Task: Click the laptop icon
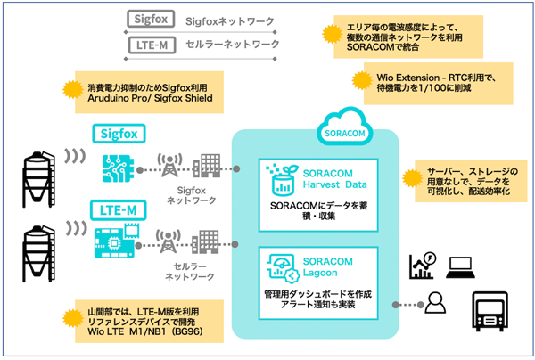point(460,265)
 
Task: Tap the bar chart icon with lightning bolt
point(420,265)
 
